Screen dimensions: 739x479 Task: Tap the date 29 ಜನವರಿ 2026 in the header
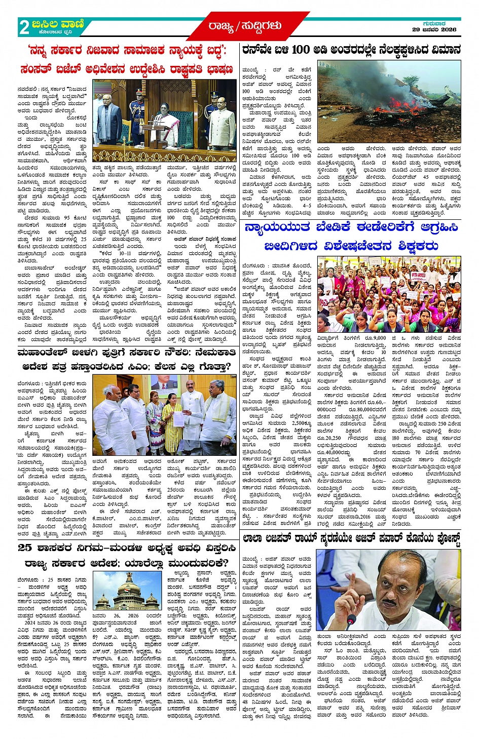[434, 30]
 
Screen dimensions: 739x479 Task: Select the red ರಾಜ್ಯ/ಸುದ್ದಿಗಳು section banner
[244, 26]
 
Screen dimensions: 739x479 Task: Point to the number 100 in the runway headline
[300, 50]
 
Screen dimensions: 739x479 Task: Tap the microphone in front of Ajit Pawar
[350, 620]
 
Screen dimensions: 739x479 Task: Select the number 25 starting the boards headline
[25, 548]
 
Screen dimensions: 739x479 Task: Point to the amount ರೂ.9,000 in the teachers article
[375, 338]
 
